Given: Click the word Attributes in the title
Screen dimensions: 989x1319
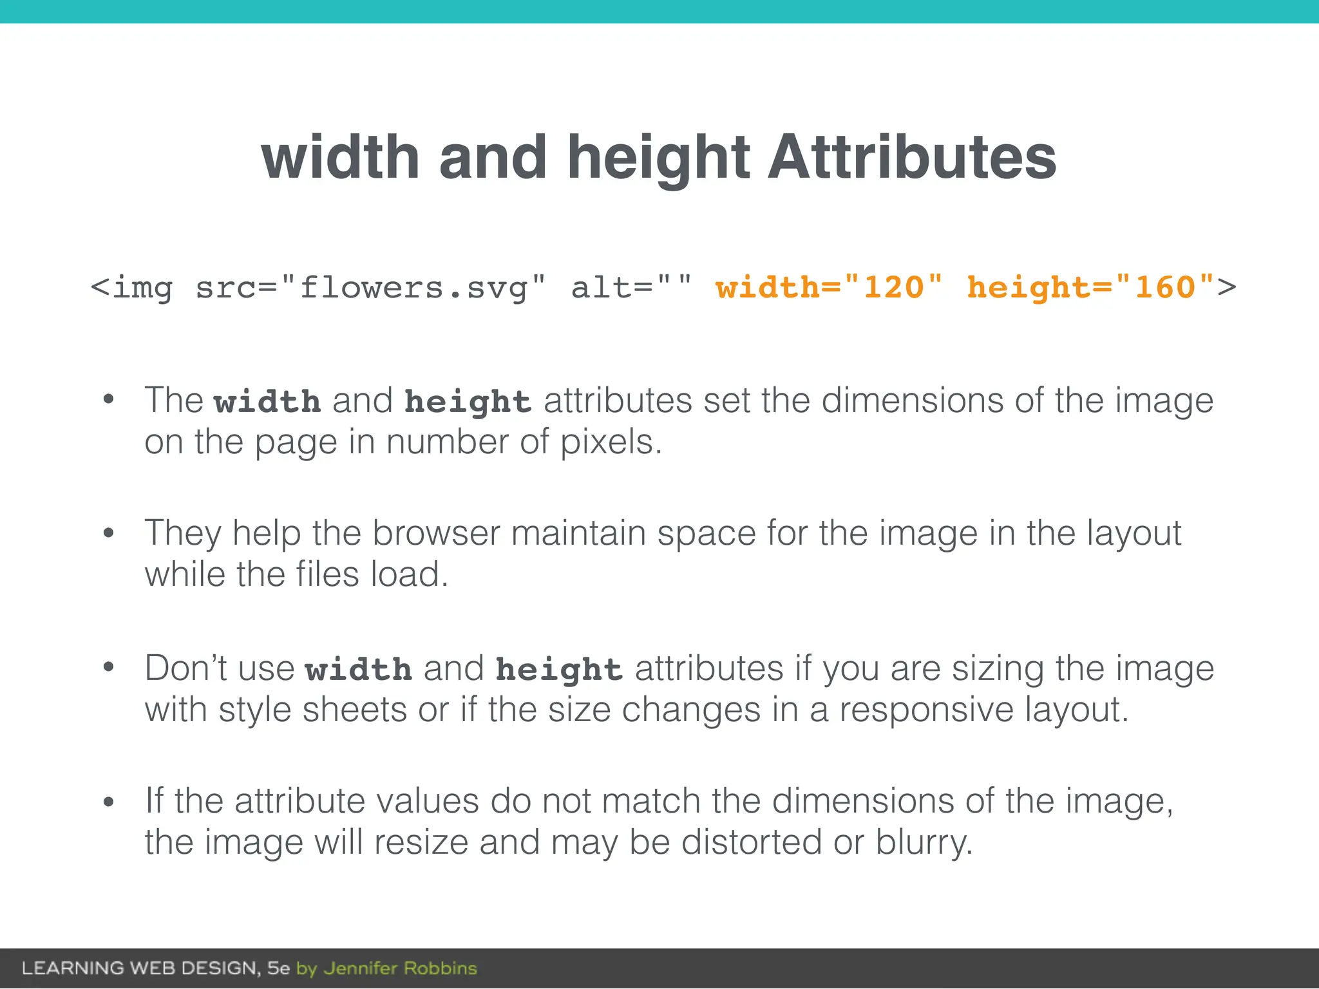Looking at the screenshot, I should [912, 157].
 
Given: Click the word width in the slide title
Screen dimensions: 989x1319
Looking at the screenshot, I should [340, 157].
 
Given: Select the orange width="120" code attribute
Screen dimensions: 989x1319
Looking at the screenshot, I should [829, 287].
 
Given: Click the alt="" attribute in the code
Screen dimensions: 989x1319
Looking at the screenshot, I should [631, 287].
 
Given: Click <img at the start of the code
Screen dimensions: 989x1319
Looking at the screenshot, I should [132, 288].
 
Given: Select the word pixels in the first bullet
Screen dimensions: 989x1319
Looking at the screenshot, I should [610, 442].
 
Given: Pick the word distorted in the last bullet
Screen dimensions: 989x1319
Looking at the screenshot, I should [751, 842].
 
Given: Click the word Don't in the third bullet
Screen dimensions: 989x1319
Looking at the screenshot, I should [186, 668].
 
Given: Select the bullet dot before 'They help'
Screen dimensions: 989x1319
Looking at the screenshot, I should [108, 533].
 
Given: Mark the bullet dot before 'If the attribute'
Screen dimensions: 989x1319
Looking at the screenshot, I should [108, 802].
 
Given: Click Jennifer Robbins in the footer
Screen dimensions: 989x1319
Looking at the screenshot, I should [400, 968].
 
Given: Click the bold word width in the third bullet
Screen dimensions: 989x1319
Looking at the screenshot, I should [358, 670].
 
